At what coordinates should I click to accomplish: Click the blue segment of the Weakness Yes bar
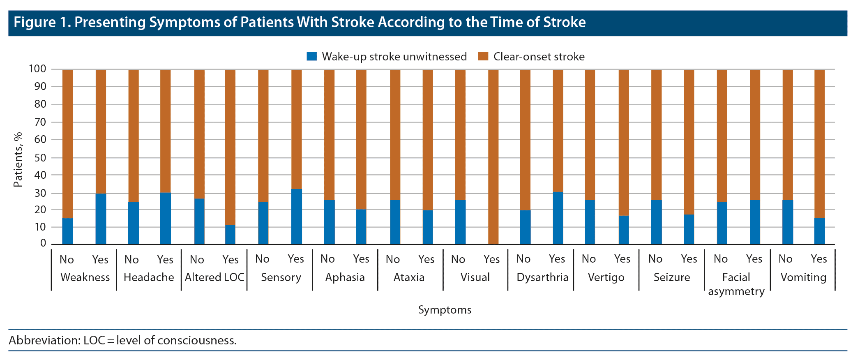(101, 219)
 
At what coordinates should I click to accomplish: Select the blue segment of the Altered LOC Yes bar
(230, 235)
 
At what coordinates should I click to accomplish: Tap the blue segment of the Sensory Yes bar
(297, 217)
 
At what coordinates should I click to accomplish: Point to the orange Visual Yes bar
(493, 156)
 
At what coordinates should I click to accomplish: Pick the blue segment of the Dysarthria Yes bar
(558, 218)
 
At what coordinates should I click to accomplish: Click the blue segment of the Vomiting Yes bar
(820, 231)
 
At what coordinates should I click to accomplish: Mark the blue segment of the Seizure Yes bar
(689, 229)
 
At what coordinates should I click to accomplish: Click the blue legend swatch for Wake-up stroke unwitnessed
(312, 57)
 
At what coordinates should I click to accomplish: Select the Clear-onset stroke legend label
(539, 57)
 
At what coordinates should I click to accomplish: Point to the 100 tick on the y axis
(37, 69)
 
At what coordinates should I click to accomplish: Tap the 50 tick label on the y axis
(40, 158)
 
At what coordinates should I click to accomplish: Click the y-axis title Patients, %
(18, 159)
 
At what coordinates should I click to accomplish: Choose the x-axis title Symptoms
(445, 310)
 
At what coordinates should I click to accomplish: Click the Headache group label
(149, 277)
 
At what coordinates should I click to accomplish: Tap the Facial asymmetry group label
(736, 284)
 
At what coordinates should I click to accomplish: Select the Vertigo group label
(606, 277)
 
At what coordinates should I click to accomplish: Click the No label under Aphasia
(327, 259)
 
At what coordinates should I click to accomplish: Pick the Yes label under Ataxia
(426, 259)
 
